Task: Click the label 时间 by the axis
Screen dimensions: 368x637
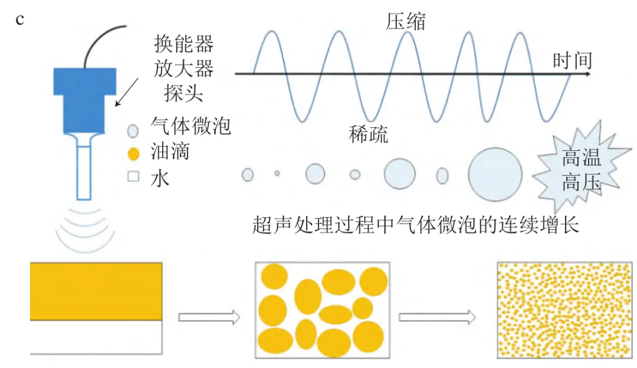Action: coord(572,60)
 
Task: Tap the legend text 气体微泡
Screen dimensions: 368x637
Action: coord(189,126)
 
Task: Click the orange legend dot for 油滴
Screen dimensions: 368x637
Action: coord(133,154)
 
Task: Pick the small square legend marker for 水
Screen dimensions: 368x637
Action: coord(133,177)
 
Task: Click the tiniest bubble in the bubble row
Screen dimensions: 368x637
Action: coord(277,173)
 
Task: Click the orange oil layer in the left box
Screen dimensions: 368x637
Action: coord(96,291)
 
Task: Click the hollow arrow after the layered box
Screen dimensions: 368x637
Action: coord(209,317)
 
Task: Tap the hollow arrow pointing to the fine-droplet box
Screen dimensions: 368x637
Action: coord(437,317)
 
